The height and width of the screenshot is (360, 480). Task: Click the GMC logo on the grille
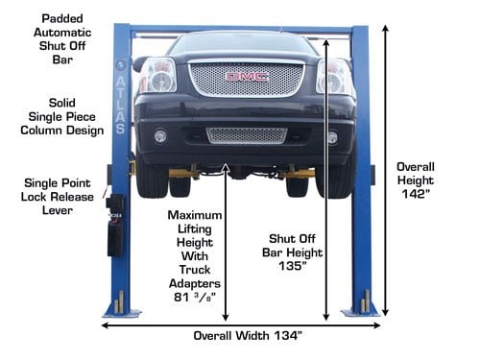tap(247, 77)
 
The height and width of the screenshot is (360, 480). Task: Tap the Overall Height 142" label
tap(416, 180)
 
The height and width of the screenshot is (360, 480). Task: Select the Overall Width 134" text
tap(248, 336)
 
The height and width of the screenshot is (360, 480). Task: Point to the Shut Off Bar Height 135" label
tap(292, 252)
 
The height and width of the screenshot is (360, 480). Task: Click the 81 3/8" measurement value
tap(195, 298)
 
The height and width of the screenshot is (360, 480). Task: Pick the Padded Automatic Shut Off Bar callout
tap(62, 39)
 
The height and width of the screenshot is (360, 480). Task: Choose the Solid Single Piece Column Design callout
tap(62, 117)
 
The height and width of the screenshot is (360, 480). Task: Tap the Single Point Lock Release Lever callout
tap(58, 197)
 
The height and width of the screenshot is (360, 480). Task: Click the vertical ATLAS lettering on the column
tap(120, 106)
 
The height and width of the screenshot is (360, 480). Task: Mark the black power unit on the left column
tap(114, 225)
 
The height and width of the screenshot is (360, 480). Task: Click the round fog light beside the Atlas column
tap(160, 136)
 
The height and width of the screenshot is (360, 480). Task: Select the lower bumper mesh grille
tap(247, 135)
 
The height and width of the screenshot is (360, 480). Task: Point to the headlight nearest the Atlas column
tap(158, 76)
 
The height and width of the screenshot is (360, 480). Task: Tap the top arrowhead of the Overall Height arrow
tap(386, 28)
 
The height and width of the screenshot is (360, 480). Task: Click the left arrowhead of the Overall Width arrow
tap(105, 325)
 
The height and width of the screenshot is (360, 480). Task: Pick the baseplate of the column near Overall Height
tap(360, 312)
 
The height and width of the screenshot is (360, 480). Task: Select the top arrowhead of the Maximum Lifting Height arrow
tap(226, 167)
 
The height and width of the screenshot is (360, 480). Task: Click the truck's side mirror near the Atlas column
tap(138, 63)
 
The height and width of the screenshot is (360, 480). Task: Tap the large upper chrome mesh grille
tap(246, 79)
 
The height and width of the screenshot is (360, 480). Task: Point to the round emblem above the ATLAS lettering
tap(120, 65)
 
